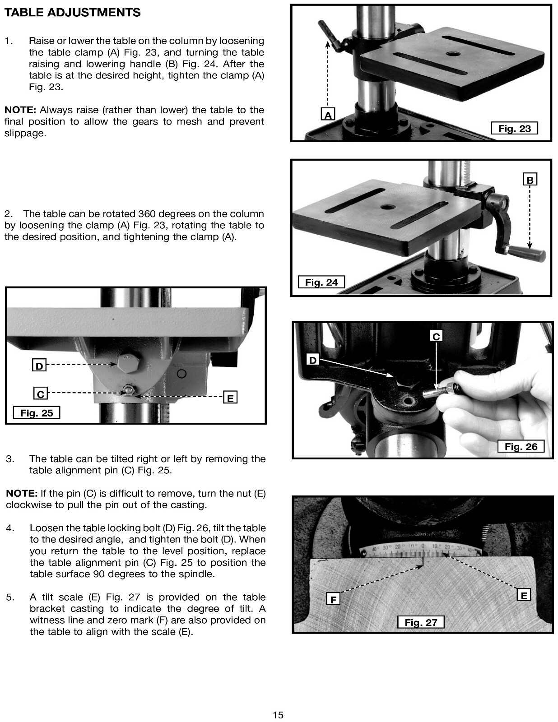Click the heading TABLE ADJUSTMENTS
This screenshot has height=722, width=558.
coord(72,13)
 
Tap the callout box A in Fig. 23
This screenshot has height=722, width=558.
coord(328,115)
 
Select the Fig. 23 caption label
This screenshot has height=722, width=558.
coord(514,129)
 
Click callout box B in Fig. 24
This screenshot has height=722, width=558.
coord(530,180)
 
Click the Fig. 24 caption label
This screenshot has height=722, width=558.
coord(321,282)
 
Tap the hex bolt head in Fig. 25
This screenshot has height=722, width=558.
coord(128,363)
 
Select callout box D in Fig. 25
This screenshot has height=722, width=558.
coord(39,366)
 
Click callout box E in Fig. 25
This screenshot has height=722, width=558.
coord(230,398)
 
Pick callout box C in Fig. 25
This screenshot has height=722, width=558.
coord(40,394)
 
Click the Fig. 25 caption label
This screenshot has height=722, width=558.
coord(37,413)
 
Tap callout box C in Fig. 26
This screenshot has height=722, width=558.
coord(436,336)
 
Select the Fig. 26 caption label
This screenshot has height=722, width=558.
coord(521,447)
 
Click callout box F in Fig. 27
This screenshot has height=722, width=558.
coord(333,599)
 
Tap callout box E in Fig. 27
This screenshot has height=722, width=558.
coord(524,595)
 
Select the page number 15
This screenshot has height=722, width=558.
coord(278,715)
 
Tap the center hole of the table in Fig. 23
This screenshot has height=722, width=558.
coord(453,54)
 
